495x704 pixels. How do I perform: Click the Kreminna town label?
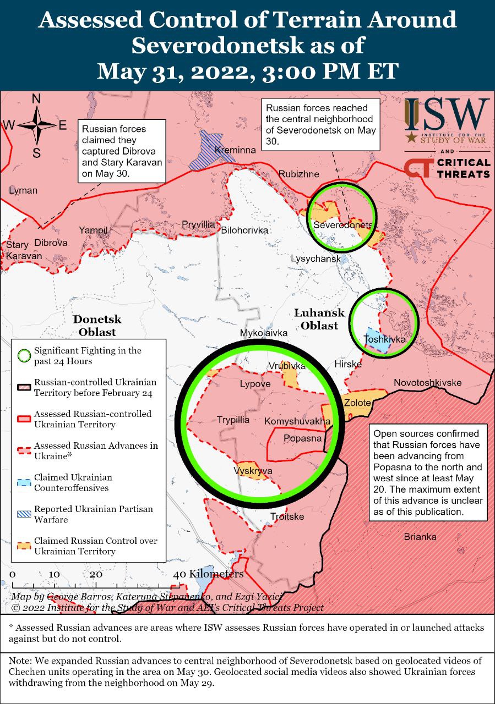tap(236, 150)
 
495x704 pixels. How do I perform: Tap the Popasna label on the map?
tap(302, 438)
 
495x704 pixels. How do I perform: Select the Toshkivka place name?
tap(385, 339)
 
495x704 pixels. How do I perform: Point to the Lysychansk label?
tap(316, 258)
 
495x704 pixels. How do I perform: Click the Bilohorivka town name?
tap(244, 230)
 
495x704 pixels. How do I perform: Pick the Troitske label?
tap(287, 516)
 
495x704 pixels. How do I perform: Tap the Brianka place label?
tap(420, 537)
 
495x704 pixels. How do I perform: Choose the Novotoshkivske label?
tap(428, 383)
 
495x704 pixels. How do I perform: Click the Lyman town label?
tap(23, 190)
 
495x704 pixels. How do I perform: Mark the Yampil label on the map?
tap(94, 230)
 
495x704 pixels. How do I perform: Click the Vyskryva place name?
tap(253, 471)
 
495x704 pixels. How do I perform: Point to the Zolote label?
tap(357, 403)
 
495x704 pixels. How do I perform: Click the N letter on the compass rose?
tap(36, 99)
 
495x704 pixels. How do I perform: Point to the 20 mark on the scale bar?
tap(96, 574)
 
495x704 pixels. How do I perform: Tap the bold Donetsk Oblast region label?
tap(97, 326)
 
